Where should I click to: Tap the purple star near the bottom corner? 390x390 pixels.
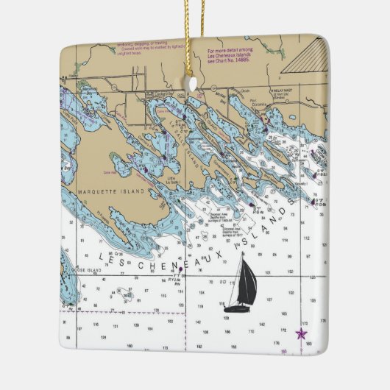[301, 333]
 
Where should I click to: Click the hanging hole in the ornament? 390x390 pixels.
[194, 83]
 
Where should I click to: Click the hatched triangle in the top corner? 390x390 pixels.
[304, 56]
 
